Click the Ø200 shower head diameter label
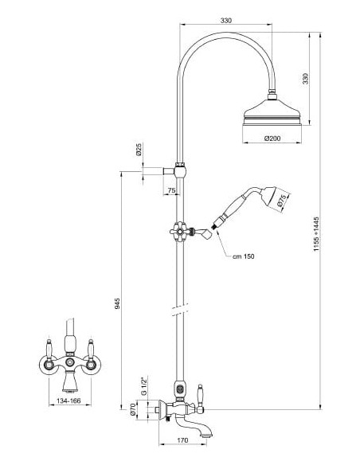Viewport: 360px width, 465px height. [272, 139]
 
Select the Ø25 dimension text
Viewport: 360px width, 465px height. [139, 150]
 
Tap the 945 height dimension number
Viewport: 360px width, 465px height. [118, 303]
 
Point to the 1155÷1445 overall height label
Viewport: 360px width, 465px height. [316, 234]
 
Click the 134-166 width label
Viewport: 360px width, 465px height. [68, 401]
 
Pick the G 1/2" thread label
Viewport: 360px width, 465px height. [144, 385]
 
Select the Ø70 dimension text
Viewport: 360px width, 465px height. [132, 409]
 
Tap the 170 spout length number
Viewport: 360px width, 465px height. [182, 440]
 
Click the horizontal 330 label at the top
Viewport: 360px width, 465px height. [226, 21]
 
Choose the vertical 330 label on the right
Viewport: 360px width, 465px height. [305, 79]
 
